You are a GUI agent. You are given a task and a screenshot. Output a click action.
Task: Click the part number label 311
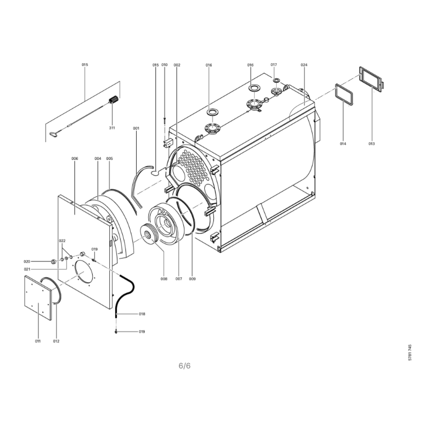tap(112, 128)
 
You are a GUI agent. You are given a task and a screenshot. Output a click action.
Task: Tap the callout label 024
tap(304, 65)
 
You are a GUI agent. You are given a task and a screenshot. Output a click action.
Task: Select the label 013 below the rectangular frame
tap(371, 144)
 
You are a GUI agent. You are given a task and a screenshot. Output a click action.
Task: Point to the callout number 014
tap(343, 144)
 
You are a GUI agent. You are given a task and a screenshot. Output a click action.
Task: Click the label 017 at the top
tap(273, 65)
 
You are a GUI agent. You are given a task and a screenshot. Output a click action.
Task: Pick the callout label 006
tap(75, 158)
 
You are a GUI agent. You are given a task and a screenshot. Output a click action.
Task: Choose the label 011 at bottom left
tap(38, 341)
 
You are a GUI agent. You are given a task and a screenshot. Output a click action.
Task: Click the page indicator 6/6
tap(184, 366)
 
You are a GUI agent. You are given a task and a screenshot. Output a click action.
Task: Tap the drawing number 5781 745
tap(410, 352)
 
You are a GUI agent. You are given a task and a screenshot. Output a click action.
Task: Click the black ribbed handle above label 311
tap(114, 99)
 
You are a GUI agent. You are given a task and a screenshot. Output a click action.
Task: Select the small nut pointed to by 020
tap(54, 262)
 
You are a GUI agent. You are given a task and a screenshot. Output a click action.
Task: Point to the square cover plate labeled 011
tap(38, 298)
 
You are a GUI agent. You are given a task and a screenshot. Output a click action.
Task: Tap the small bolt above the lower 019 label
tap(116, 332)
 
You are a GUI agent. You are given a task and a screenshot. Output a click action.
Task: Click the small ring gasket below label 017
tap(276, 80)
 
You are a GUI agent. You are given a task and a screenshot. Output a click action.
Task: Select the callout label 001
tap(136, 128)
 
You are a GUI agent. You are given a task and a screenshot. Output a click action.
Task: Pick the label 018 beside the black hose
tap(142, 314)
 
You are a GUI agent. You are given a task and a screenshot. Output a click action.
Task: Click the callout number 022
tap(62, 241)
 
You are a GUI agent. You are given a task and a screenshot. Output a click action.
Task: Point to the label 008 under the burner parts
tap(164, 279)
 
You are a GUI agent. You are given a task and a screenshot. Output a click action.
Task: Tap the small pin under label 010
tap(165, 120)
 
